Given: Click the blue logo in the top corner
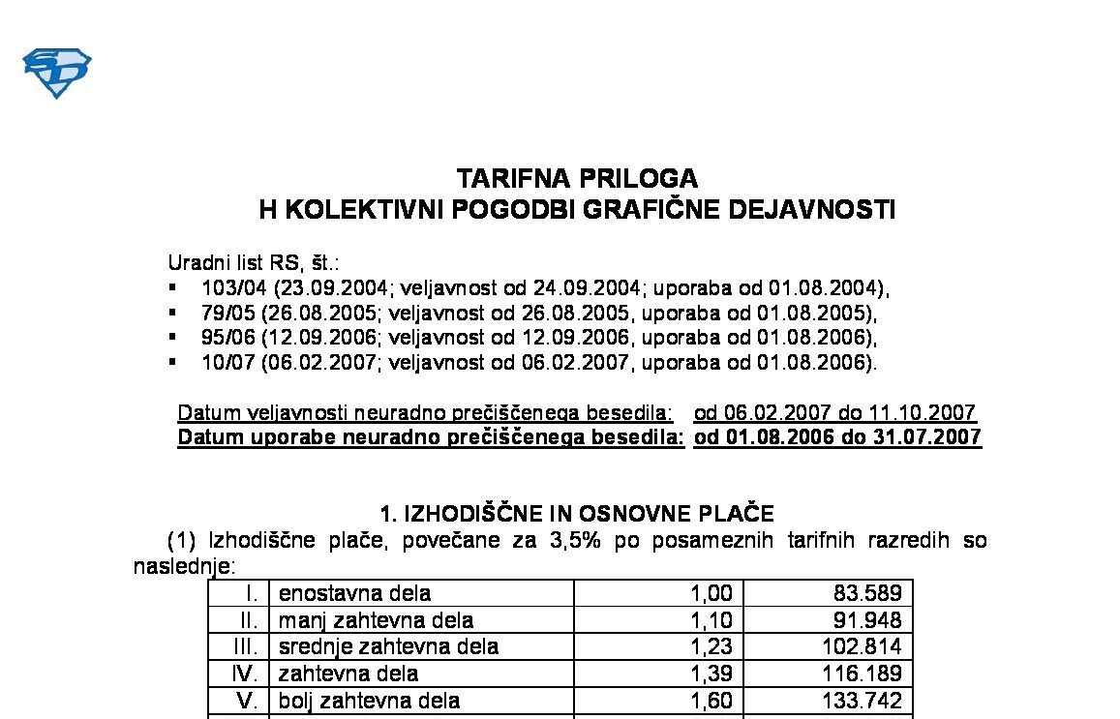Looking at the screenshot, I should [x=56, y=73].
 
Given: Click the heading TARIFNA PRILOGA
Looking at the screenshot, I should [x=577, y=179].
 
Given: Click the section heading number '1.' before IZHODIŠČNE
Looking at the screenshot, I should [x=388, y=513].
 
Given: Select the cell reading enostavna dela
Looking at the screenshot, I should [x=354, y=593].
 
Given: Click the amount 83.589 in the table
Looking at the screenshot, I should [x=867, y=593].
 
